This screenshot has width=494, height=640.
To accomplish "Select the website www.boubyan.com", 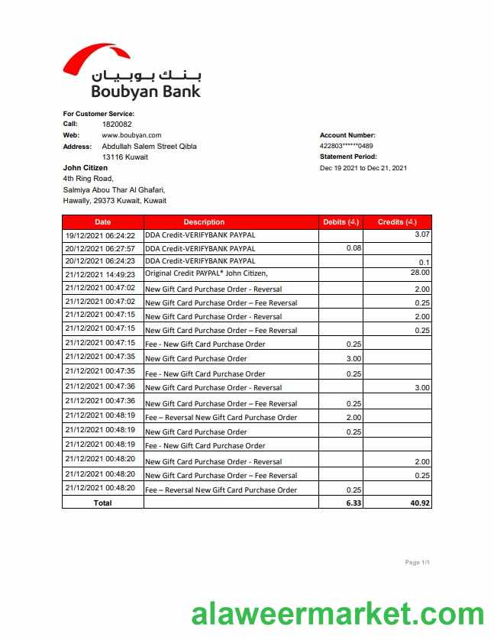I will [x=131, y=135].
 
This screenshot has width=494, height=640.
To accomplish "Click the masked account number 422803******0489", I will [x=347, y=146].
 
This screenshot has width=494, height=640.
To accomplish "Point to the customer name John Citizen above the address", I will [x=85, y=168].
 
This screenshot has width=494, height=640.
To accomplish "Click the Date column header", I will [x=102, y=222].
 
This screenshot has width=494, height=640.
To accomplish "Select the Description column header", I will [x=204, y=222].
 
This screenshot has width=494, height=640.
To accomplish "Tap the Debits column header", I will [x=341, y=222].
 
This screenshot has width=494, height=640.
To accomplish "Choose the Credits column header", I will [x=397, y=222].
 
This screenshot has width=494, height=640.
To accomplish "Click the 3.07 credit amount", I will [x=422, y=234].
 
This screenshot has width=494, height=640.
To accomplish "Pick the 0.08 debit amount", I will [x=354, y=248].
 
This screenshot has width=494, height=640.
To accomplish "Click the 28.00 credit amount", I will [x=420, y=273].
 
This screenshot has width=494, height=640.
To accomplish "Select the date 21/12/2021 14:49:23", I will [x=100, y=274].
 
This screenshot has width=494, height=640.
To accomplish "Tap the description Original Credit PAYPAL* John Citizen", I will [x=206, y=274].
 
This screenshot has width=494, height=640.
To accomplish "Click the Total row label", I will [x=102, y=503].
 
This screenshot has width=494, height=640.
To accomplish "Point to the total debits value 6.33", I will [x=353, y=503].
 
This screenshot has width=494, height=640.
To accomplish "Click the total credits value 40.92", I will [x=418, y=503].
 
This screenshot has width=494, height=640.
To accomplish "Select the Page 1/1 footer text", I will [x=418, y=563].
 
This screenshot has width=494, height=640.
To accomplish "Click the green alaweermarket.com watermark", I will [x=337, y=613].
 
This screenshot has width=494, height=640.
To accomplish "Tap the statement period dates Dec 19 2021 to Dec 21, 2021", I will [x=363, y=168].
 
